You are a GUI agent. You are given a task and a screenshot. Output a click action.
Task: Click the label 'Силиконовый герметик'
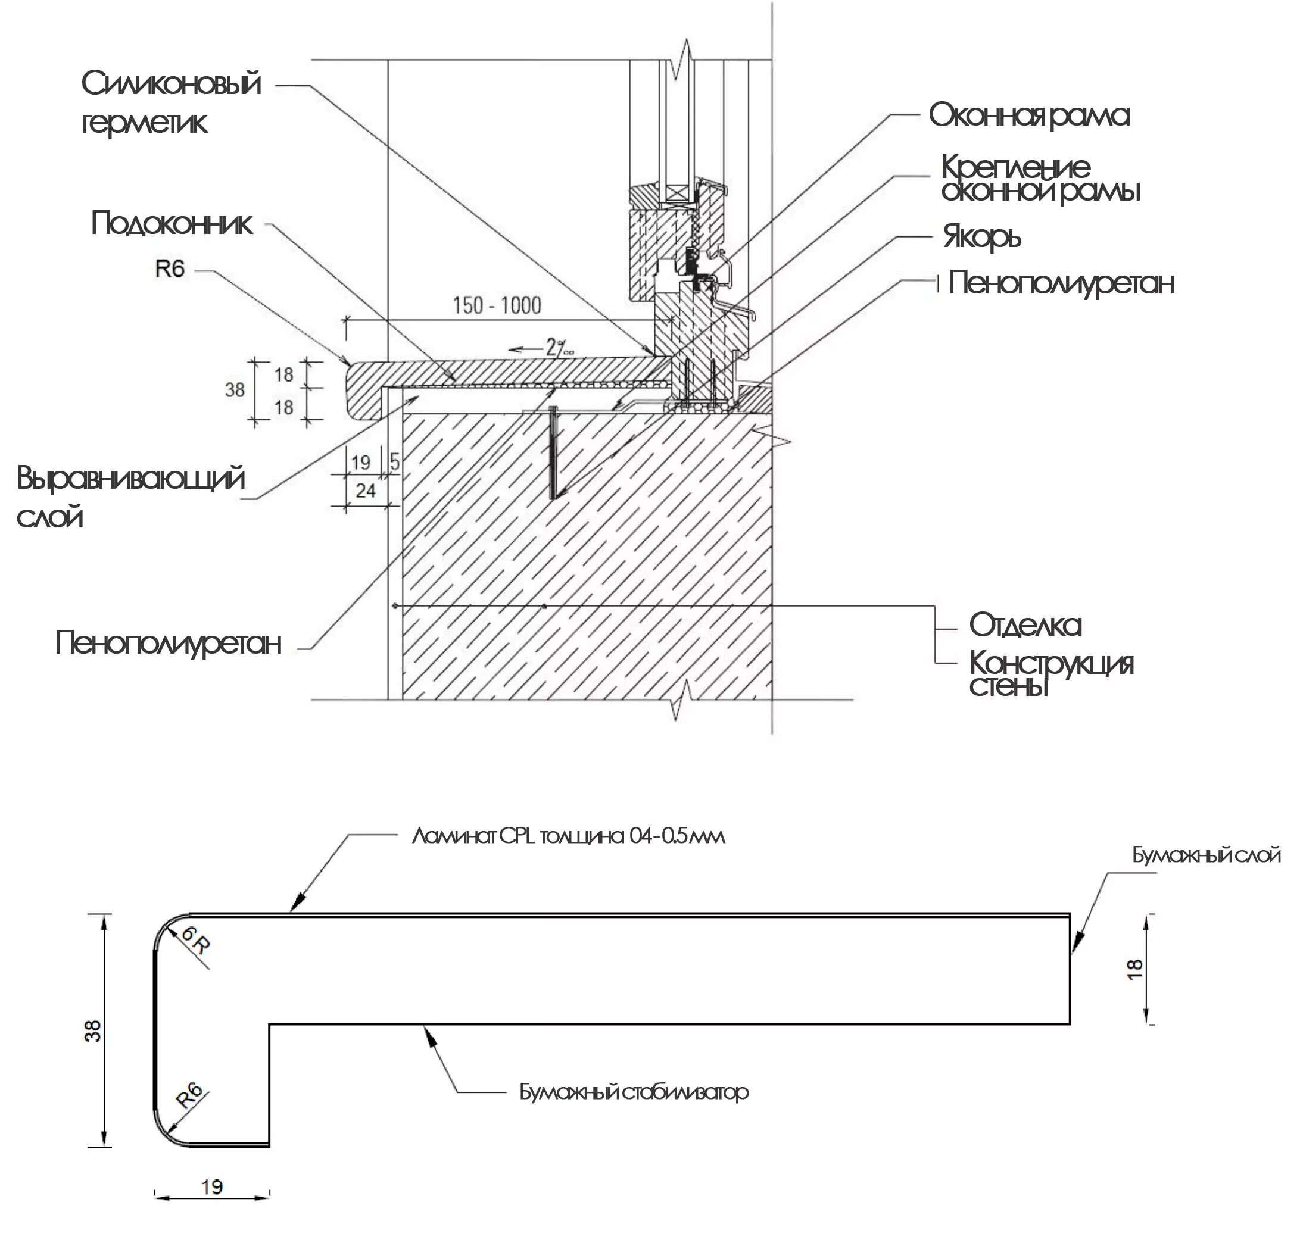tap(170, 103)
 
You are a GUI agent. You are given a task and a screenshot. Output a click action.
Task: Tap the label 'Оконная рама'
tap(1028, 115)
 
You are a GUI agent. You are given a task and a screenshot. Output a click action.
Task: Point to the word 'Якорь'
tap(981, 237)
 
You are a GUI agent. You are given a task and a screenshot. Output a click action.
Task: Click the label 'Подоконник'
tap(172, 223)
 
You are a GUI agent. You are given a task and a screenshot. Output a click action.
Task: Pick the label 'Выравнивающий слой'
tap(130, 496)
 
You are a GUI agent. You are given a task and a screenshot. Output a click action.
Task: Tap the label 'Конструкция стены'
tap(1050, 673)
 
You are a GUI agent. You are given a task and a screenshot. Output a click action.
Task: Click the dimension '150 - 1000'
tap(497, 306)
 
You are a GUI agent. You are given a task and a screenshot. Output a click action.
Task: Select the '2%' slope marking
tap(559, 347)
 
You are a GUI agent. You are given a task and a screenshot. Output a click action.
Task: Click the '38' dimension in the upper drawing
tap(235, 390)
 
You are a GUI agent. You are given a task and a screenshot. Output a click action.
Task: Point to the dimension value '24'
tap(366, 491)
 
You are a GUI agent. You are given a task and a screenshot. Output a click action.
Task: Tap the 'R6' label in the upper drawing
tap(170, 269)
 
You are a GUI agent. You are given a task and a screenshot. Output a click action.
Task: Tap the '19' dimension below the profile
tap(211, 1187)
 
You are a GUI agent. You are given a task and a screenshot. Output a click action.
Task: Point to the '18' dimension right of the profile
tap(1135, 969)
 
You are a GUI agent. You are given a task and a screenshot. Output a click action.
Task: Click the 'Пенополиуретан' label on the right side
tap(1061, 283)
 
